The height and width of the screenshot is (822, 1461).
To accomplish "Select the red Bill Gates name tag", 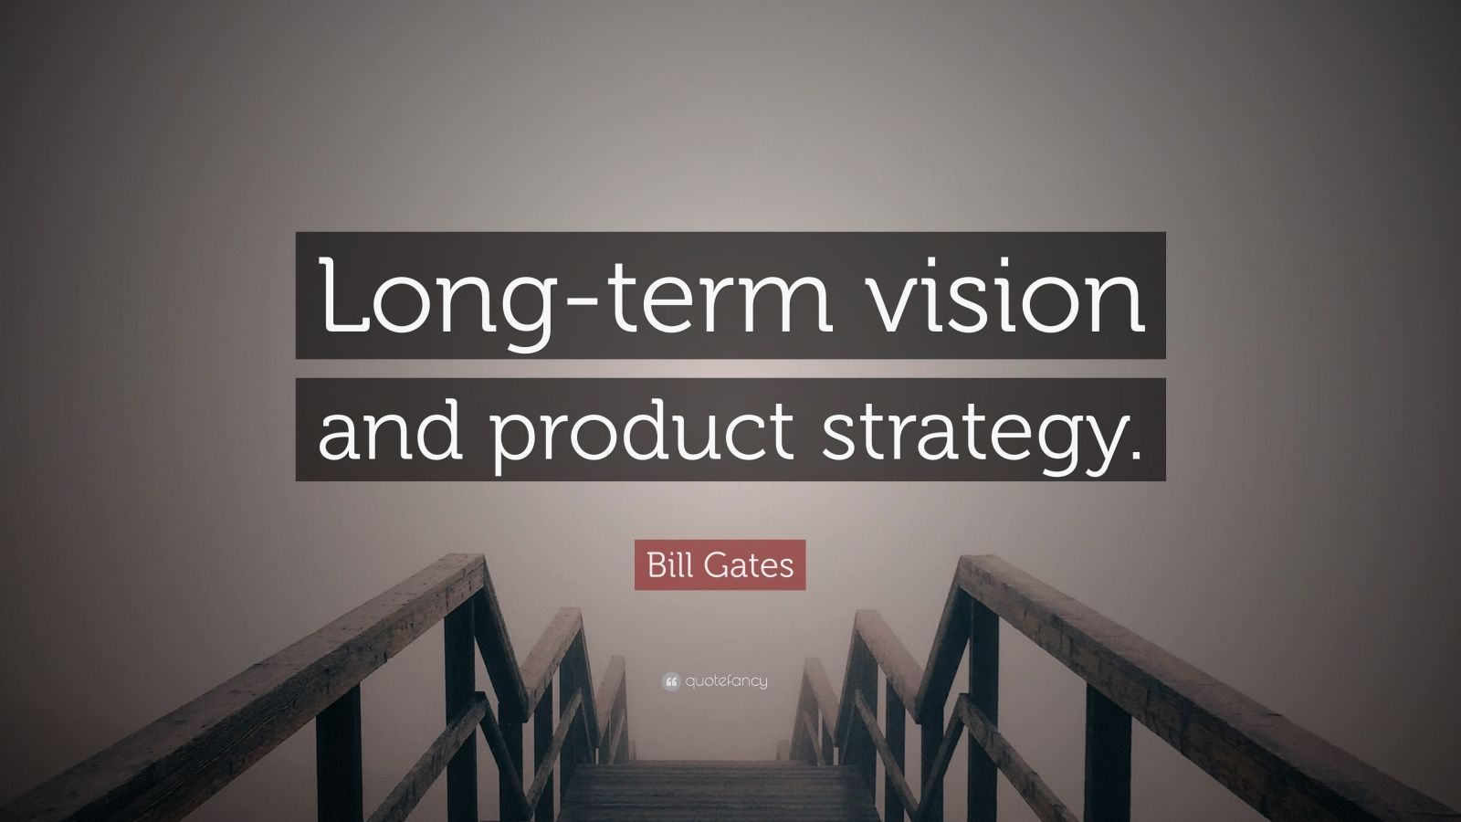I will [x=720, y=564].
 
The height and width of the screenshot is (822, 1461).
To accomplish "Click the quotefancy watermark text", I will [x=727, y=680].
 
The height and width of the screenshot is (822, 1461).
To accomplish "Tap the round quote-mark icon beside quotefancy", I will [x=672, y=680].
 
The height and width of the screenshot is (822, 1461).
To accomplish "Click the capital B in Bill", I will [x=655, y=564].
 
